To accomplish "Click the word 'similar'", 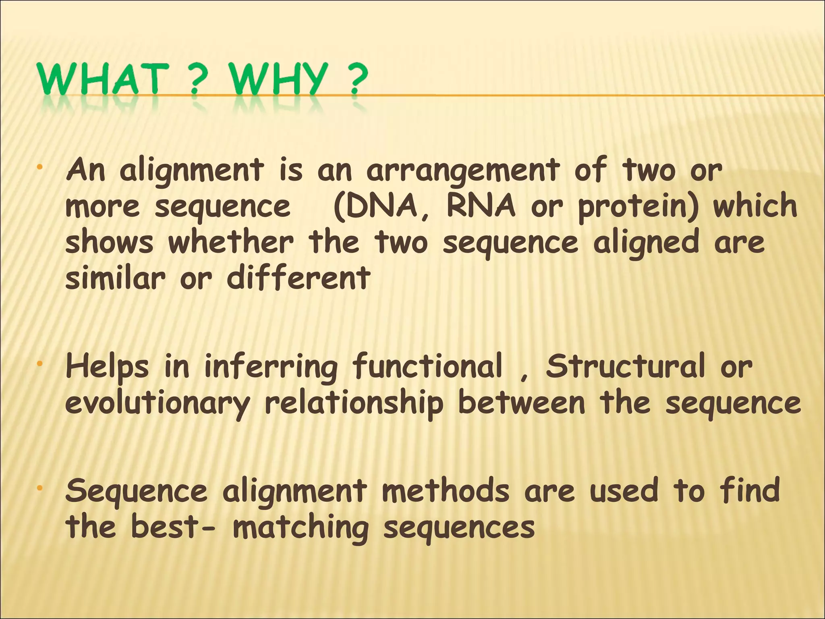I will click(x=115, y=278).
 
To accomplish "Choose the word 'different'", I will click(x=298, y=278).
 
